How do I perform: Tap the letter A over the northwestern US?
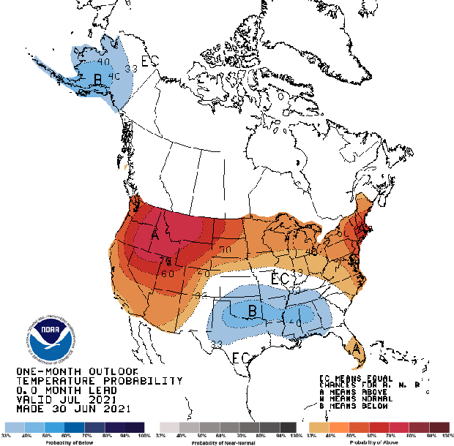[155, 235]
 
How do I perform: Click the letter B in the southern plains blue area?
[251, 311]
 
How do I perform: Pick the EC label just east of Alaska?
[149, 61]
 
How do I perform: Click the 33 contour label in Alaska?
[132, 68]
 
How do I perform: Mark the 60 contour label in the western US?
[168, 274]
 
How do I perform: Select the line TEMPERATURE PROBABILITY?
[99, 381]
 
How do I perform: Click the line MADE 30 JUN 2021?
[71, 409]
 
